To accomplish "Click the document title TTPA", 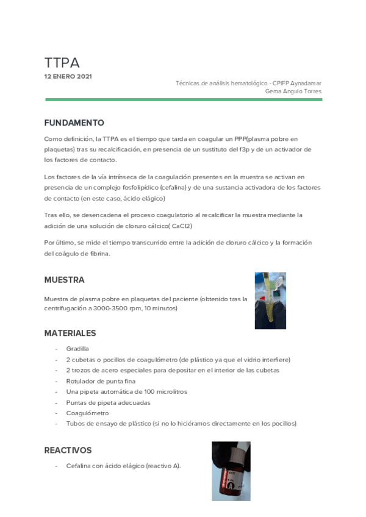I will pyautogui.click(x=62, y=63).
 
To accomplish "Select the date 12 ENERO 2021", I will pyautogui.click(x=68, y=77).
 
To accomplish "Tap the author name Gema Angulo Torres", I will pyautogui.click(x=293, y=91).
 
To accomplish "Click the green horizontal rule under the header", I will pyautogui.click(x=183, y=99).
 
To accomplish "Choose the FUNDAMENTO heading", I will pyautogui.click(x=74, y=123).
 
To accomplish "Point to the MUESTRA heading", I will pyautogui.click(x=64, y=280).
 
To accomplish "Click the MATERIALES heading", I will pyautogui.click(x=70, y=333).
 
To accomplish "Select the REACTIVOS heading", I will pyautogui.click(x=68, y=451).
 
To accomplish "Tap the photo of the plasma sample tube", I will pyautogui.click(x=270, y=301).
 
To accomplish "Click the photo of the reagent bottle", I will pyautogui.click(x=231, y=471).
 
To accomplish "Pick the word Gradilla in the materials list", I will pyautogui.click(x=77, y=349).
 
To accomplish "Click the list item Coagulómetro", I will pyautogui.click(x=87, y=413).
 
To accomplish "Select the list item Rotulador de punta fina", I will pyautogui.click(x=101, y=381).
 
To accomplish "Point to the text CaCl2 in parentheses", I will pyautogui.click(x=181, y=226).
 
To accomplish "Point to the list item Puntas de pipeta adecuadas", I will pyautogui.click(x=108, y=402).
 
